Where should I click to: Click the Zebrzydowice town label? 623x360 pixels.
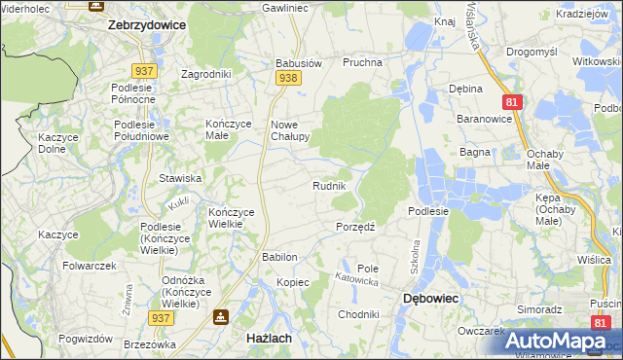pyautogui.click(x=146, y=26)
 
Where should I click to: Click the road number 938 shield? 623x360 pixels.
pyautogui.click(x=286, y=77)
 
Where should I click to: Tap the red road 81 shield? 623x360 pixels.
pyautogui.click(x=511, y=101)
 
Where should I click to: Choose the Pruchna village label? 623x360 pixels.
pyautogui.click(x=362, y=62)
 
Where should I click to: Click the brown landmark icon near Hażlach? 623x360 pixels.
pyautogui.click(x=221, y=317)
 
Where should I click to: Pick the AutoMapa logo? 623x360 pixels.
pyautogui.click(x=555, y=341)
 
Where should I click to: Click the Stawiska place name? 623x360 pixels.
pyautogui.click(x=180, y=178)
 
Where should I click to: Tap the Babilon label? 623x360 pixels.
pyautogui.click(x=278, y=257)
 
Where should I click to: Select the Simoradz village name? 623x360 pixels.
pyautogui.click(x=540, y=308)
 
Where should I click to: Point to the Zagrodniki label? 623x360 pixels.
pyautogui.click(x=206, y=74)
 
